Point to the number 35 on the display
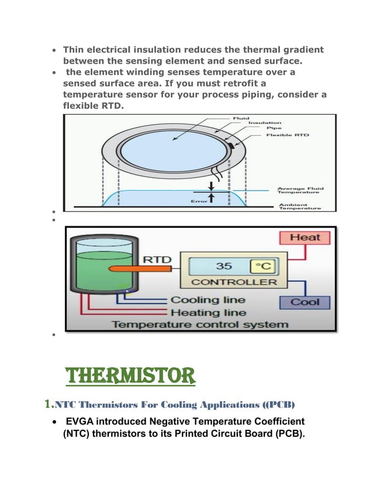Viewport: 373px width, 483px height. point(225,267)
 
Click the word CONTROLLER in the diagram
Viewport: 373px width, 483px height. point(234,282)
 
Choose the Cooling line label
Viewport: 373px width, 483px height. point(208,300)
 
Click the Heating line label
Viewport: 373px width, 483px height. point(208,312)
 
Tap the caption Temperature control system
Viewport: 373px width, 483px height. point(200,325)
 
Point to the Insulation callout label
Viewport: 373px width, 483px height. point(265,123)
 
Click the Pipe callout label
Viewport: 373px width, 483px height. point(274,129)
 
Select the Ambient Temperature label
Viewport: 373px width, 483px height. point(299,206)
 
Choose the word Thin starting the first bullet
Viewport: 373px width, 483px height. point(74,49)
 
